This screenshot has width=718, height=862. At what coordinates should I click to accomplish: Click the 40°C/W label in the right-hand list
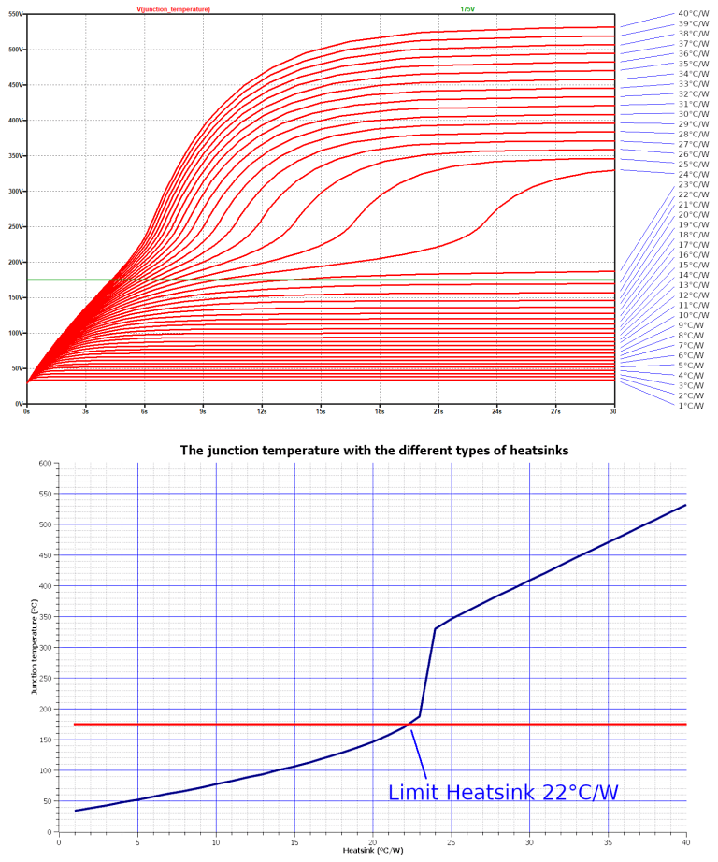(x=693, y=14)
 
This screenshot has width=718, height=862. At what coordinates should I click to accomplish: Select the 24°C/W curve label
(x=693, y=174)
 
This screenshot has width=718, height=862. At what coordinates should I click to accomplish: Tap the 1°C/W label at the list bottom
(x=691, y=405)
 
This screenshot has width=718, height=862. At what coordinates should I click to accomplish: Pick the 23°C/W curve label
(x=693, y=184)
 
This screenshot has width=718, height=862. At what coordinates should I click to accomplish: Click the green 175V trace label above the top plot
(x=467, y=8)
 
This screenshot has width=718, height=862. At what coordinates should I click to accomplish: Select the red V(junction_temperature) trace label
(x=173, y=8)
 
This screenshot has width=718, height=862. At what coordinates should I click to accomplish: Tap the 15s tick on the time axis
(x=321, y=410)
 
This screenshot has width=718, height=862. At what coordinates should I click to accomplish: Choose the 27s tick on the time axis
(x=555, y=410)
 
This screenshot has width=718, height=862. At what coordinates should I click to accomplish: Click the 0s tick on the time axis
(x=27, y=410)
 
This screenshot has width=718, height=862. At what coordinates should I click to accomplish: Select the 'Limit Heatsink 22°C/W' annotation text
(x=503, y=793)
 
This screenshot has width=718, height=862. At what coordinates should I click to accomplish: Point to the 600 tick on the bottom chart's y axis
(x=45, y=463)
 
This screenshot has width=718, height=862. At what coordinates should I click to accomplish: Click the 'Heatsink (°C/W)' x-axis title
(x=372, y=850)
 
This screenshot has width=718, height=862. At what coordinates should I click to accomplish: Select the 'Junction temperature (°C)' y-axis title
(x=33, y=648)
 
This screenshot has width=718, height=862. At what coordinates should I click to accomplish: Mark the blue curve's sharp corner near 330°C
(x=436, y=628)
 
